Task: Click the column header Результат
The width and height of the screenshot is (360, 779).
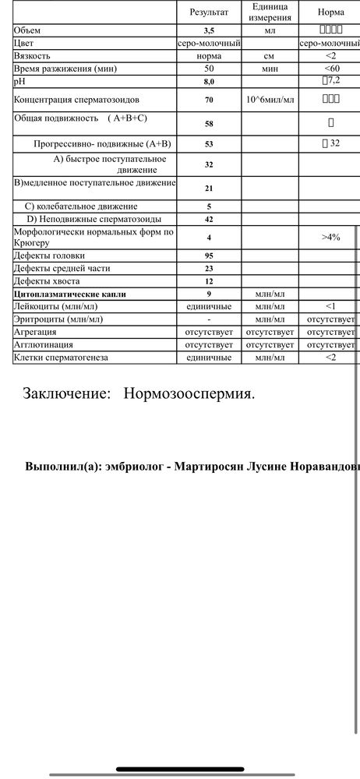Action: click(x=209, y=13)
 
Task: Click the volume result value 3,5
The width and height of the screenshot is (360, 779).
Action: click(x=209, y=30)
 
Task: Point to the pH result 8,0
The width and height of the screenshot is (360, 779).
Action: click(x=209, y=81)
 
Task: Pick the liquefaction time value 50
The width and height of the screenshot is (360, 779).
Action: click(x=209, y=69)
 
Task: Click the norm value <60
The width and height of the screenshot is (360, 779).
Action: click(x=331, y=69)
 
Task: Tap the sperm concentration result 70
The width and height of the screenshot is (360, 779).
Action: click(x=209, y=100)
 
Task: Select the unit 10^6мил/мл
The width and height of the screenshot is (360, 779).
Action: click(x=270, y=100)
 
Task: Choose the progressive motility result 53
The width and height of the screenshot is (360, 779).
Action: click(x=209, y=144)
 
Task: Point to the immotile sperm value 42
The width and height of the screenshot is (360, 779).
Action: click(x=209, y=220)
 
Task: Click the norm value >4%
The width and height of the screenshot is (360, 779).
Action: click(x=331, y=237)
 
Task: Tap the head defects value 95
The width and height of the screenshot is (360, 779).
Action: click(x=209, y=256)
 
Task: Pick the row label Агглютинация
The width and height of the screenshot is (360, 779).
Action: click(x=44, y=344)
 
